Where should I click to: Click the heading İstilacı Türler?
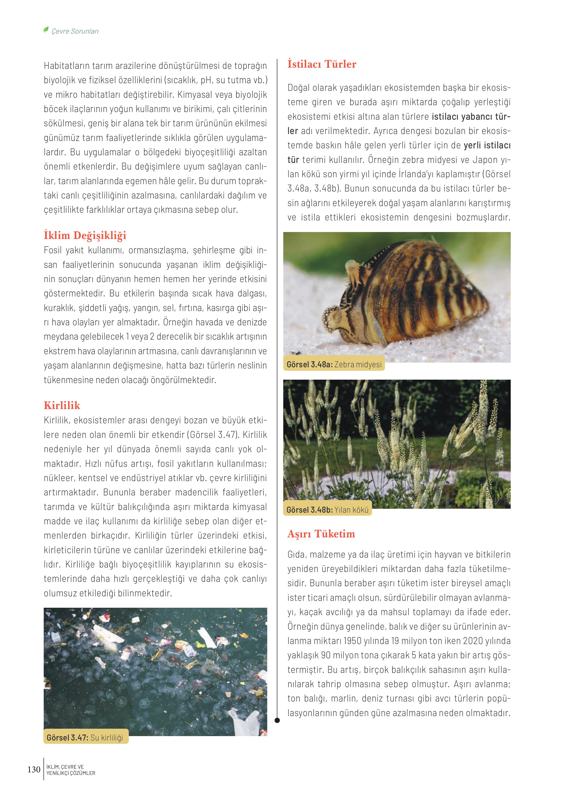[x=322, y=64]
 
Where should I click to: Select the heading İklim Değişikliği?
[x=85, y=235]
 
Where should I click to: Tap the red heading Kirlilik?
[x=62, y=406]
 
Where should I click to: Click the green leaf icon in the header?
[x=46, y=30]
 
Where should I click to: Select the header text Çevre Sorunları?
[x=75, y=31]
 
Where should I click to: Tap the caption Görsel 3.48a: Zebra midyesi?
[x=334, y=364]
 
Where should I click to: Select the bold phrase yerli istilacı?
[x=487, y=145]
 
